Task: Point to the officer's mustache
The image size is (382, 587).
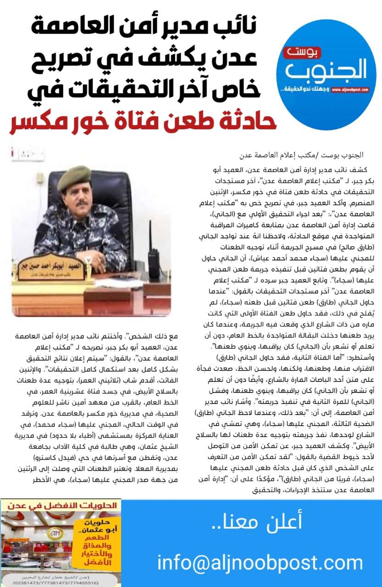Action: [82, 203]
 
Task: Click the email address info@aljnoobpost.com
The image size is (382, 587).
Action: [260, 562]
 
